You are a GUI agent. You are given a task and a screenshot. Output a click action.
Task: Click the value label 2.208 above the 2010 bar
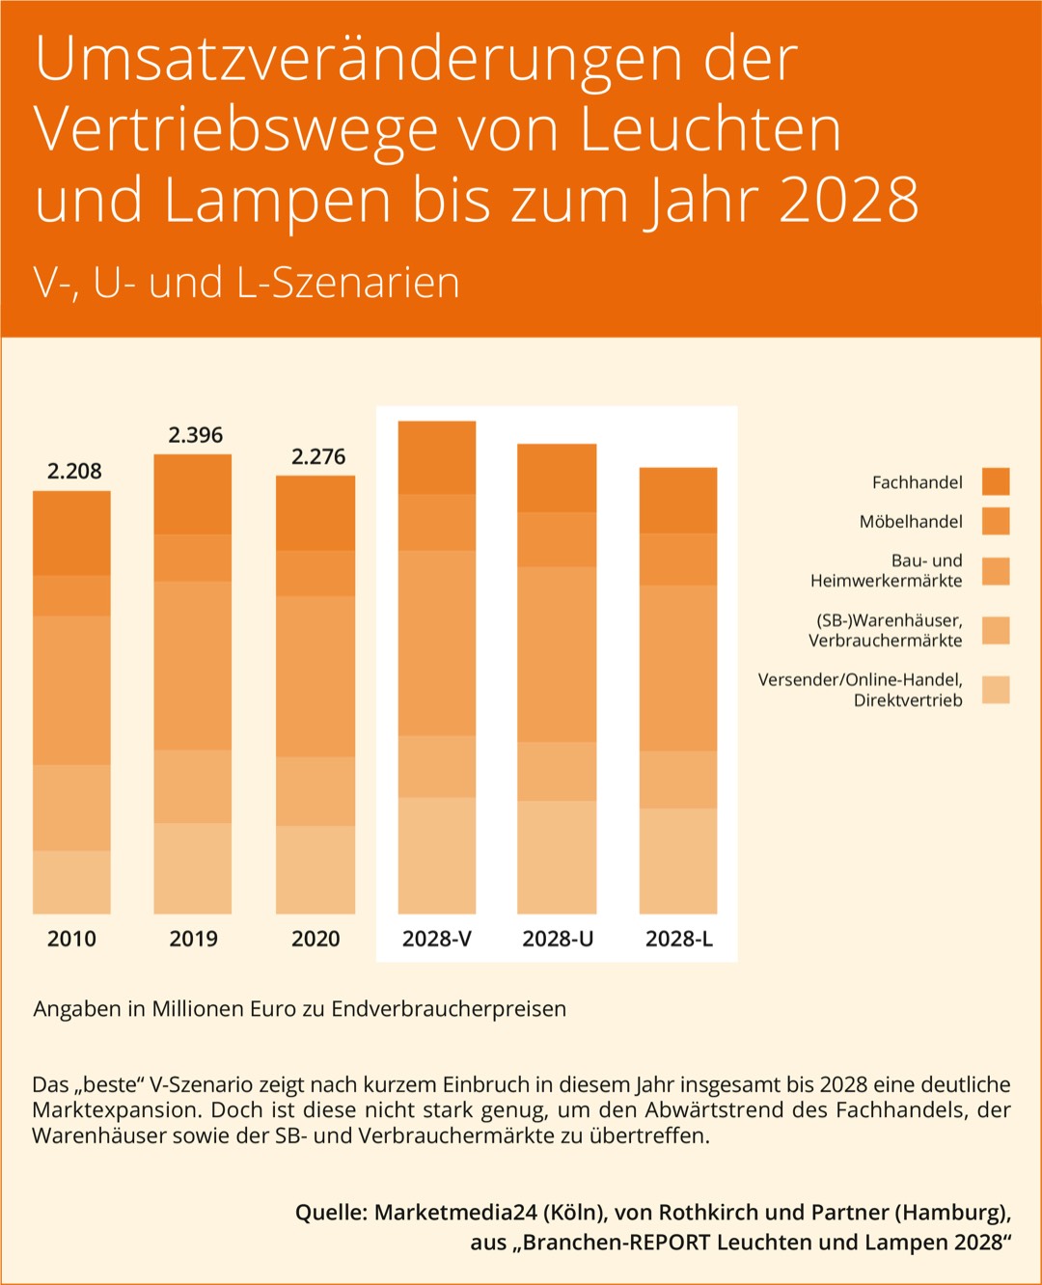coord(74,471)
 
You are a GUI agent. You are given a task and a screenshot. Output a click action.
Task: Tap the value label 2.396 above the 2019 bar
coord(195,435)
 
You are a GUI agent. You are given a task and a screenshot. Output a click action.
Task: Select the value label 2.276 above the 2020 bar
coord(317,456)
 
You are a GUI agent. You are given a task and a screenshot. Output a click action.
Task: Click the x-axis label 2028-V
coord(436,939)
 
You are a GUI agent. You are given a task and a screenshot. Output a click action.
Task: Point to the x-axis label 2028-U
coord(558,939)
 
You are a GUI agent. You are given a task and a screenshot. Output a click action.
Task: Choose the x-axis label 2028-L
coord(678,939)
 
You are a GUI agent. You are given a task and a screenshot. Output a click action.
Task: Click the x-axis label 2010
coord(71,939)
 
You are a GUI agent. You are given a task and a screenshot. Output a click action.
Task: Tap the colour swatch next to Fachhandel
coord(996,481)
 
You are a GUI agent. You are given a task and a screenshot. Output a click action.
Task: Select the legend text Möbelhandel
coord(911,522)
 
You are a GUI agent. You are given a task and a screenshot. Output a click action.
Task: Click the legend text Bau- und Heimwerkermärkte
coord(888,570)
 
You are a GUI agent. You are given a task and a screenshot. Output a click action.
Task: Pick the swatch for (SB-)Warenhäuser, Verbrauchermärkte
coord(996,630)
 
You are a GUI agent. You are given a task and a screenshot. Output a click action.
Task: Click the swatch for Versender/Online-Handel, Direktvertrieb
coord(996,690)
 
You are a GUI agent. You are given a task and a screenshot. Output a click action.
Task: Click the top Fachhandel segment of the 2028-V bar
coord(437,458)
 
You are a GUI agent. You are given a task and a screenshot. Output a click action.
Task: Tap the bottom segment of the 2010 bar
coord(71,882)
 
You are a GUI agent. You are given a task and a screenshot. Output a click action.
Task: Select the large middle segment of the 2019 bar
coord(193,666)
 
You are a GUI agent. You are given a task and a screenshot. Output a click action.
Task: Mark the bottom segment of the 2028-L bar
coord(678,861)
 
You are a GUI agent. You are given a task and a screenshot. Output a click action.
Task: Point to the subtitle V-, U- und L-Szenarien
coord(247,283)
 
